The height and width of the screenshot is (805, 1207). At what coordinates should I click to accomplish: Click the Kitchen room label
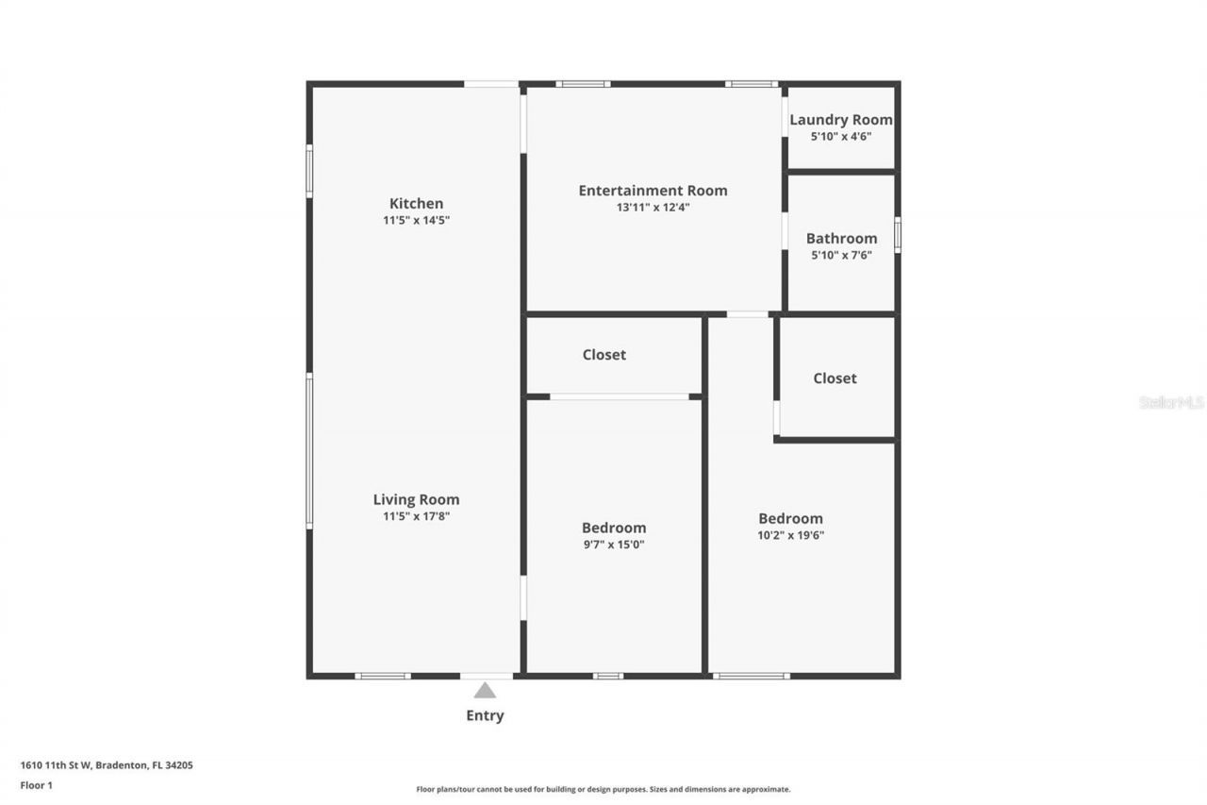416,203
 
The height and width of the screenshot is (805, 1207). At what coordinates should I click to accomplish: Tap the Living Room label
416,500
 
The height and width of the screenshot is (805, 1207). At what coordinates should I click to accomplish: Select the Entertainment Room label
653,191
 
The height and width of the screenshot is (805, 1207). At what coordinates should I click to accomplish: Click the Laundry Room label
840,120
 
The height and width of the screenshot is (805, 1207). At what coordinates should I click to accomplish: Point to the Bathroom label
841,239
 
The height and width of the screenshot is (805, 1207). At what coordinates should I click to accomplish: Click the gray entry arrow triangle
485,691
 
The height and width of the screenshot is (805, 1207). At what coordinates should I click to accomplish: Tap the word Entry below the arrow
485,715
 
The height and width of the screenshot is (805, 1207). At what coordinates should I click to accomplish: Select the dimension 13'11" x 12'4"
653,208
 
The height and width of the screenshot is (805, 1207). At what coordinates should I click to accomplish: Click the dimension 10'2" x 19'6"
790,535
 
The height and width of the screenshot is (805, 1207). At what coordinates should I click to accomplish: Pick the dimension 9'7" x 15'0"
614,545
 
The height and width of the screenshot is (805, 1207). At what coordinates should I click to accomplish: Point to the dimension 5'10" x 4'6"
840,136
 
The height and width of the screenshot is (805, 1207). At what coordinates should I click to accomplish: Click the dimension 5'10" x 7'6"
841,255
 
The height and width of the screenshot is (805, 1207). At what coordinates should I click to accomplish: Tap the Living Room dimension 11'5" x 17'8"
416,516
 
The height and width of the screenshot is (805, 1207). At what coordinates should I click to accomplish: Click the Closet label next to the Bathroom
835,378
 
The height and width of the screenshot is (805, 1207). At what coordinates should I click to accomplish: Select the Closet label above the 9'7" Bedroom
603,355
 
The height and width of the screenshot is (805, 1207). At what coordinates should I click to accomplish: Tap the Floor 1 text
36,784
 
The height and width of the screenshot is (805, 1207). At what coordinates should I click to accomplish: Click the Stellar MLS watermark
1171,402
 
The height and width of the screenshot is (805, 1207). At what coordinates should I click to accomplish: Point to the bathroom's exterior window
897,235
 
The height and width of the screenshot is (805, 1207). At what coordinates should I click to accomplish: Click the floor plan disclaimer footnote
603,789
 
